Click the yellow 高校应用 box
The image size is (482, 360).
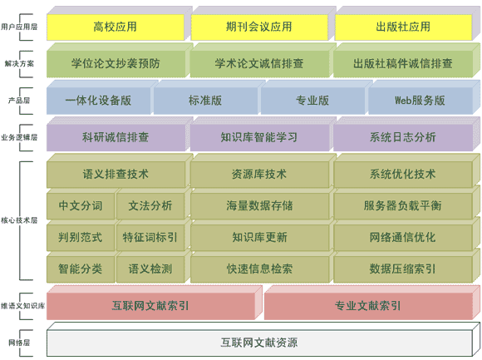pyautogui.click(x=116, y=27)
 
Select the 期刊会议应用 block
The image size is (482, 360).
pyautogui.click(x=259, y=27)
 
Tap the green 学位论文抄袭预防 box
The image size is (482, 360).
pyautogui.click(x=116, y=64)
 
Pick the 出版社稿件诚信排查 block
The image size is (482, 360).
pyautogui.click(x=403, y=64)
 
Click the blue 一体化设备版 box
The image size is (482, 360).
pyautogui.click(x=99, y=101)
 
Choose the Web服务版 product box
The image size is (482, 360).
pyautogui.click(x=420, y=101)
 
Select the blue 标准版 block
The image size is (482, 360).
pyautogui.click(x=205, y=101)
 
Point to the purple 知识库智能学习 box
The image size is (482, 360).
pyautogui.click(x=259, y=137)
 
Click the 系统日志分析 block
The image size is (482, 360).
pyautogui.click(x=403, y=137)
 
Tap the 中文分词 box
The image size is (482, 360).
pyautogui.click(x=81, y=206)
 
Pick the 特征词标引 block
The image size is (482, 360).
pyautogui.click(x=150, y=238)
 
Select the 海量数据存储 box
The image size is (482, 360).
pyautogui.click(x=259, y=206)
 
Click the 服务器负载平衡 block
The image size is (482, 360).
pyautogui.click(x=403, y=206)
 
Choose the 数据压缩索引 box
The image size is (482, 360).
pyautogui.click(x=403, y=269)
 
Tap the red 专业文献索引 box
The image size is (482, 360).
pyautogui.click(x=368, y=306)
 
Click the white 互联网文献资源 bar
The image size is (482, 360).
pyautogui.click(x=259, y=343)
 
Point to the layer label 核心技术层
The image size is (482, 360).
pyautogui.click(x=19, y=220)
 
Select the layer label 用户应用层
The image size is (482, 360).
pyautogui.click(x=19, y=27)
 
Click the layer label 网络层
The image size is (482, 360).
pyautogui.click(x=19, y=343)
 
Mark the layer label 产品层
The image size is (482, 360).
pyautogui.click(x=19, y=101)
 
